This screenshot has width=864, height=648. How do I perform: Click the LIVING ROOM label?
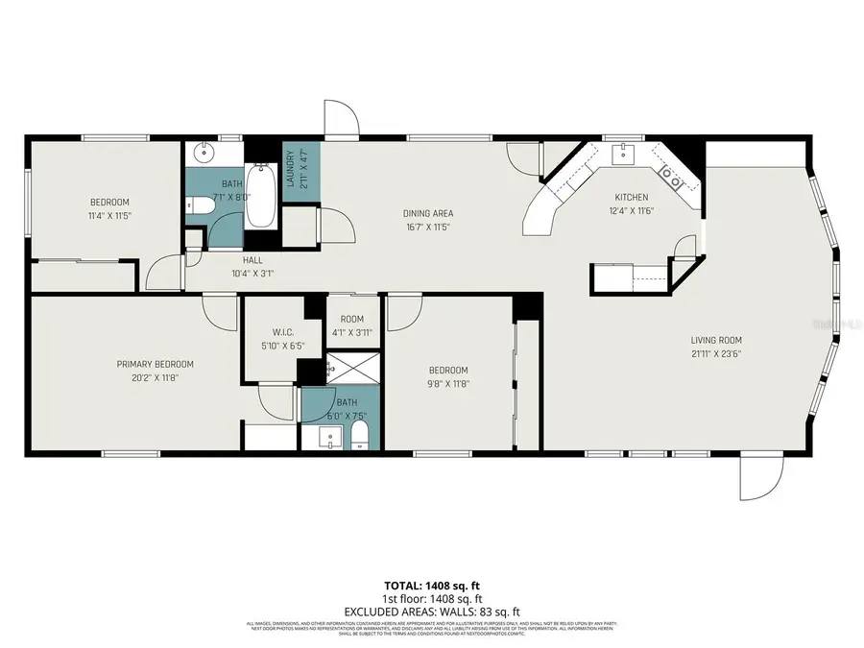[716, 340]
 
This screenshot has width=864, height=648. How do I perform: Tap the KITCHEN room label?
[632, 197]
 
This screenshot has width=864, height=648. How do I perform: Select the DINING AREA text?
[427, 213]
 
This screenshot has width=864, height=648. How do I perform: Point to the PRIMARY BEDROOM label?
[155, 364]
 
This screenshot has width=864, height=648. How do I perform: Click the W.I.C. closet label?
[270, 331]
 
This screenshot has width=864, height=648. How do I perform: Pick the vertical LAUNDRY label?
[289, 165]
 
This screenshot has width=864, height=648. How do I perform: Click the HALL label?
[252, 259]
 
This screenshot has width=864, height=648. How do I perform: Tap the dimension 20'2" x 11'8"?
[155, 378]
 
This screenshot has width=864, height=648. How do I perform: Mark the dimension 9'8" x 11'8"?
[447, 384]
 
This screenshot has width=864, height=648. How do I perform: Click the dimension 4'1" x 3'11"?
[351, 332]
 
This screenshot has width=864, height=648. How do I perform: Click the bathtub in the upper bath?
[260, 196]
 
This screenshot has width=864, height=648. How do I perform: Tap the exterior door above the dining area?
[342, 119]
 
